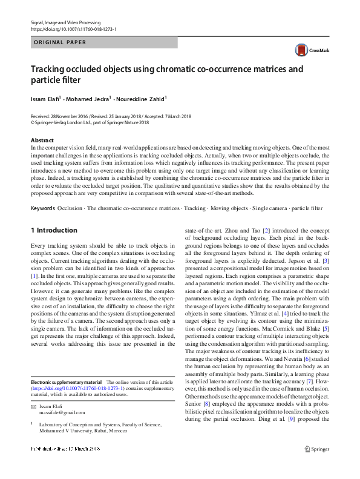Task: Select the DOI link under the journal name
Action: click(73, 29)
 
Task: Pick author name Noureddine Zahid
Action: click(143, 99)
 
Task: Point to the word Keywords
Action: click(43, 208)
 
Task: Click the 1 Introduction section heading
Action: click(54, 231)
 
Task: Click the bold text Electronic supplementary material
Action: click(66, 382)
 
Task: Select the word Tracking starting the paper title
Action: click(50, 69)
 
